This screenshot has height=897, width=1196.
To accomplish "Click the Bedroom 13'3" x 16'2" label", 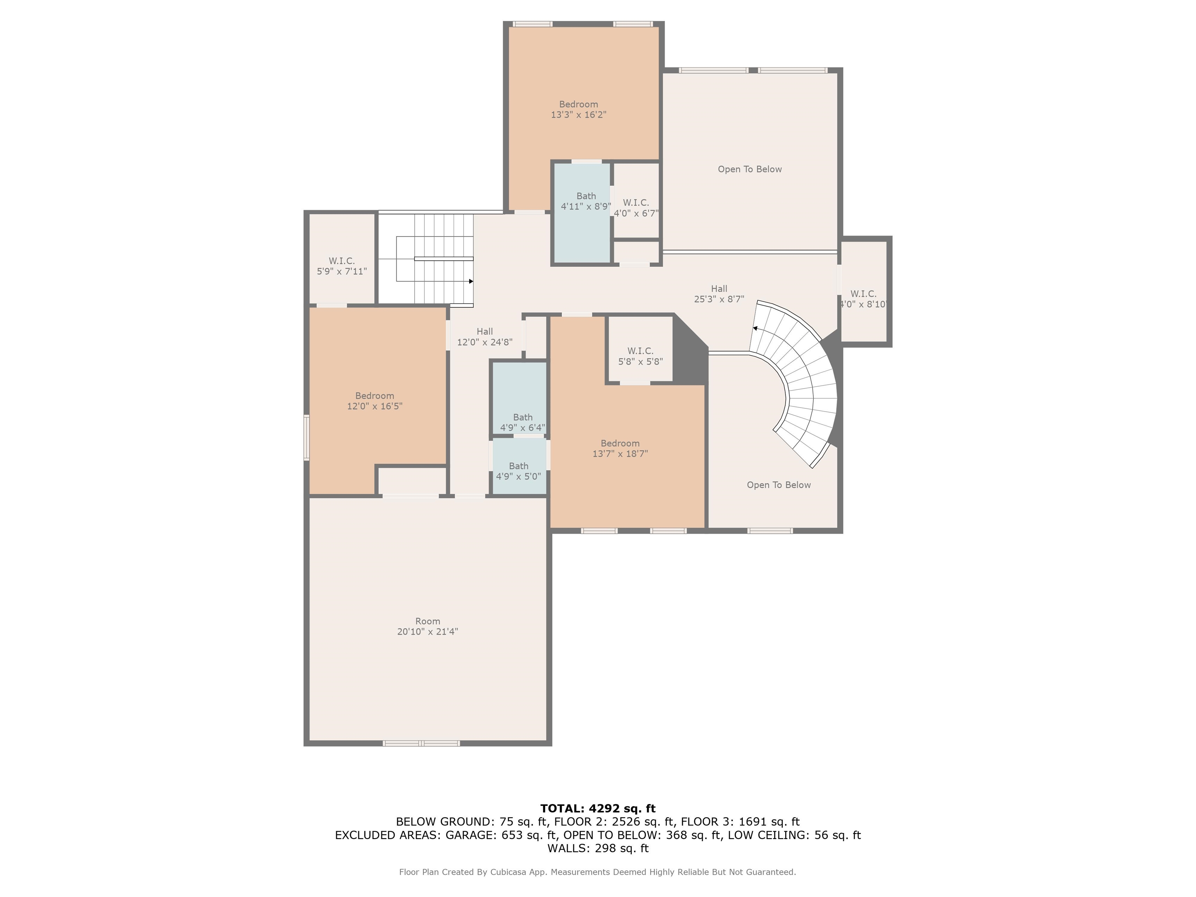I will (x=578, y=109).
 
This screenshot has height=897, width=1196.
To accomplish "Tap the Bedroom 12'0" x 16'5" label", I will (x=374, y=401).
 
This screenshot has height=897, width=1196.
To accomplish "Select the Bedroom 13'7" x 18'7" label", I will (x=620, y=448).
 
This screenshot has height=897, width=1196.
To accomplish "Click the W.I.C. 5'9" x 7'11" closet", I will (x=342, y=266).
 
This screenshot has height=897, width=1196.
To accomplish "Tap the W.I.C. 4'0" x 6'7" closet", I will (x=636, y=207).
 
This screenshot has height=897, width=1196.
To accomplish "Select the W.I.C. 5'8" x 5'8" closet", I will (x=640, y=356).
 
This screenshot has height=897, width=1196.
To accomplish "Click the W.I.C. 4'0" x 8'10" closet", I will (x=864, y=299).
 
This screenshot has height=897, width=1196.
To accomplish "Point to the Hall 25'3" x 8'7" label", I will (x=719, y=294).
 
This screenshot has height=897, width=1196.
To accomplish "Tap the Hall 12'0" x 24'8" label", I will (x=484, y=336).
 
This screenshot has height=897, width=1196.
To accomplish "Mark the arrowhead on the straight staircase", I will (x=471, y=281).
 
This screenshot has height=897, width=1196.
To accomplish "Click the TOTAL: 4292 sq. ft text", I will (x=598, y=808).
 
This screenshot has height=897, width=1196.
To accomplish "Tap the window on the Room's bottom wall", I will (x=421, y=744).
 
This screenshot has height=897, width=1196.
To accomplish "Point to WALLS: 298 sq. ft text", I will (x=598, y=848).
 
